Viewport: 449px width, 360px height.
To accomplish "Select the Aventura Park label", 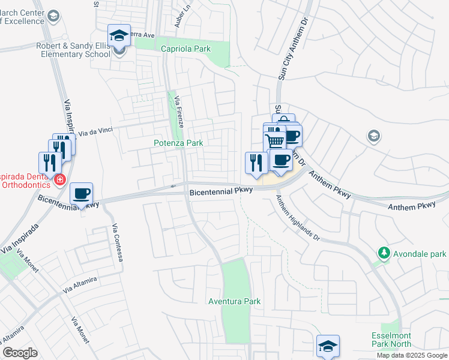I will pos(229,301).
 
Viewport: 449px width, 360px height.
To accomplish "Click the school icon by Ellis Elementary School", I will pos(119,35).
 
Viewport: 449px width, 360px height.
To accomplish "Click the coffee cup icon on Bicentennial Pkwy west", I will pos(82,194).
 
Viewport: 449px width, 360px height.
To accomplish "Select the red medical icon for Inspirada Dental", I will pos(59,179).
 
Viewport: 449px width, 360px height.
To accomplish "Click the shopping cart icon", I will pos(274,142).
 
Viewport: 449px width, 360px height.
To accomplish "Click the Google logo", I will pos(20,353).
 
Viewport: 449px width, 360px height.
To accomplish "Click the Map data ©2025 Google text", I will pos(411,355).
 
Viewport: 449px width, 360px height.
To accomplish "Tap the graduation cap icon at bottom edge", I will pos(328,346).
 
